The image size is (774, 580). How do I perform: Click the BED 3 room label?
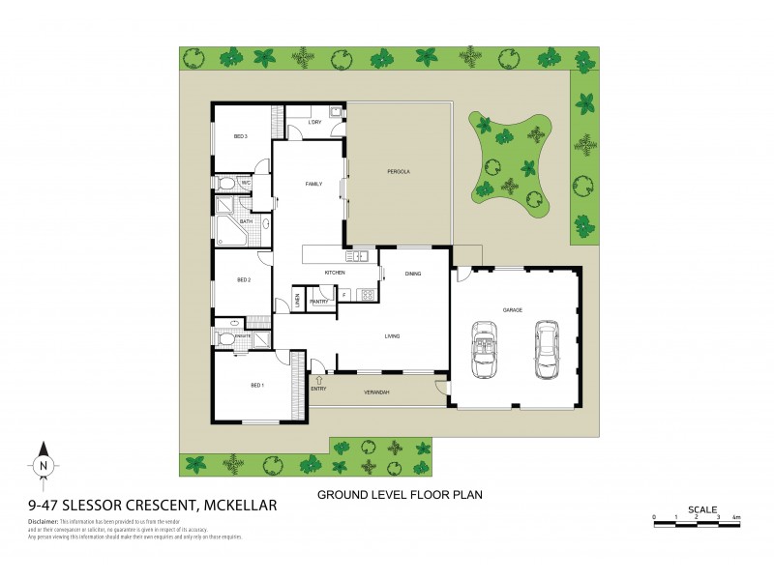click(x=241, y=137)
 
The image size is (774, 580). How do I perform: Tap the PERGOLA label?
click(x=400, y=172)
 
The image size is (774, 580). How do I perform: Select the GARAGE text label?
click(x=512, y=310)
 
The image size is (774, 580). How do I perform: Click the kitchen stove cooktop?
click(x=368, y=295)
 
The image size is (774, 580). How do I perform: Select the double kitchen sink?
click(x=359, y=256)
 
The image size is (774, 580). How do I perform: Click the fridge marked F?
click(x=344, y=294)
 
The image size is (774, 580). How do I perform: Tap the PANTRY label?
click(x=318, y=302)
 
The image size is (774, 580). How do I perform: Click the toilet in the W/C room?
click(x=225, y=183)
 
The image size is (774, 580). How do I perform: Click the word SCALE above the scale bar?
click(x=701, y=508)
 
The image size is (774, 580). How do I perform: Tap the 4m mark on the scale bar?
click(x=737, y=519)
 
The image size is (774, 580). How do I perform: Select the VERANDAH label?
click(x=376, y=392)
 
